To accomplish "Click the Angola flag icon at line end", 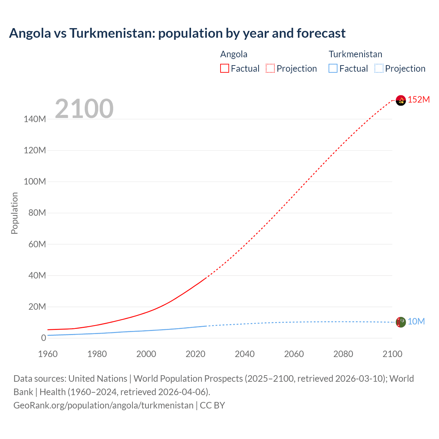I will (401, 100).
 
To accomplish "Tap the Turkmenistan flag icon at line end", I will (401, 322).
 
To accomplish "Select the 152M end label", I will (418, 100).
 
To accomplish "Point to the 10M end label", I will (416, 322).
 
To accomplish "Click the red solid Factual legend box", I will (224, 69).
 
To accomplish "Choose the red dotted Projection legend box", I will (270, 69).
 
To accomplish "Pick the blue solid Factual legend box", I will (333, 69).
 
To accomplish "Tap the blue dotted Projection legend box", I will (379, 69).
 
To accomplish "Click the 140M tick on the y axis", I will (35, 119).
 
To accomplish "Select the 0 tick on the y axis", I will (43, 338).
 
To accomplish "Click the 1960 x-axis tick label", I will (48, 354).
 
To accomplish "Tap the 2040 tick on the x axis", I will (245, 354).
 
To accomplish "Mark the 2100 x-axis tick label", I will (392, 354).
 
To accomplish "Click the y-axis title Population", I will (14, 213).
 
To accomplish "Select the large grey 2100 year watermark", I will (84, 109).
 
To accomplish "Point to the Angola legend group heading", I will (234, 54).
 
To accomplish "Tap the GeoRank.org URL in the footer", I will (103, 405).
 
